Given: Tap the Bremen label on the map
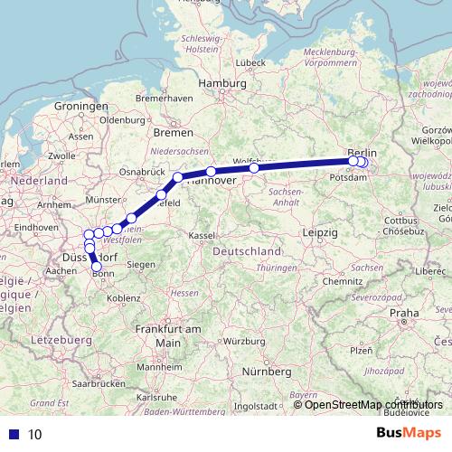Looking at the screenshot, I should pyautogui.click(x=169, y=132).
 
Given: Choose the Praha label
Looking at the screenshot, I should pyautogui.click(x=403, y=313).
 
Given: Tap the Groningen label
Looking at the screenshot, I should pyautogui.click(x=81, y=106).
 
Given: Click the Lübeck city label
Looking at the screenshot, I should pyautogui.click(x=249, y=63).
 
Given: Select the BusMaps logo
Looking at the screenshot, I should pyautogui.click(x=408, y=433).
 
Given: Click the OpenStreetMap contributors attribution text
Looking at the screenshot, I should pyautogui.click(x=373, y=404).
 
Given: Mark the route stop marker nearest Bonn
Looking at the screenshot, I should pyautogui.click(x=97, y=266).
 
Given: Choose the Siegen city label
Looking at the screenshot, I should pyautogui.click(x=139, y=265).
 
